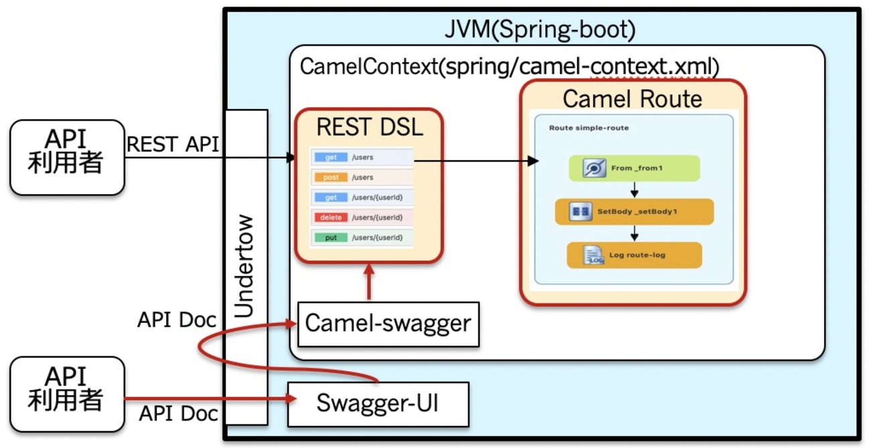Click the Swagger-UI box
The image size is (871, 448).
point(378,404)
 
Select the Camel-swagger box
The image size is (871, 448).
point(388,324)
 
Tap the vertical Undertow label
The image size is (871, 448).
point(247,267)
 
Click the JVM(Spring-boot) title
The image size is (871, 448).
point(539,29)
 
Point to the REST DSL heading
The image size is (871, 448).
point(370,127)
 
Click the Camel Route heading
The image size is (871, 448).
point(632,99)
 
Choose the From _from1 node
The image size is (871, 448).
point(634,168)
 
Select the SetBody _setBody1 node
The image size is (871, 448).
point(634,212)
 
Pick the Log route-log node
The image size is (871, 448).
point(634,255)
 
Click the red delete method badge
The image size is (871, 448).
point(331,218)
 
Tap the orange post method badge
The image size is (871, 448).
point(331,177)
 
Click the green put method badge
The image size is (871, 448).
point(331,238)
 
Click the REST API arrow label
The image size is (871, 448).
point(173,143)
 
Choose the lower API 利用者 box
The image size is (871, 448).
point(67,393)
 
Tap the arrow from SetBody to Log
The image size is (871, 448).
point(634,233)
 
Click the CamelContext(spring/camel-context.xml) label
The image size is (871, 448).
point(509,67)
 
